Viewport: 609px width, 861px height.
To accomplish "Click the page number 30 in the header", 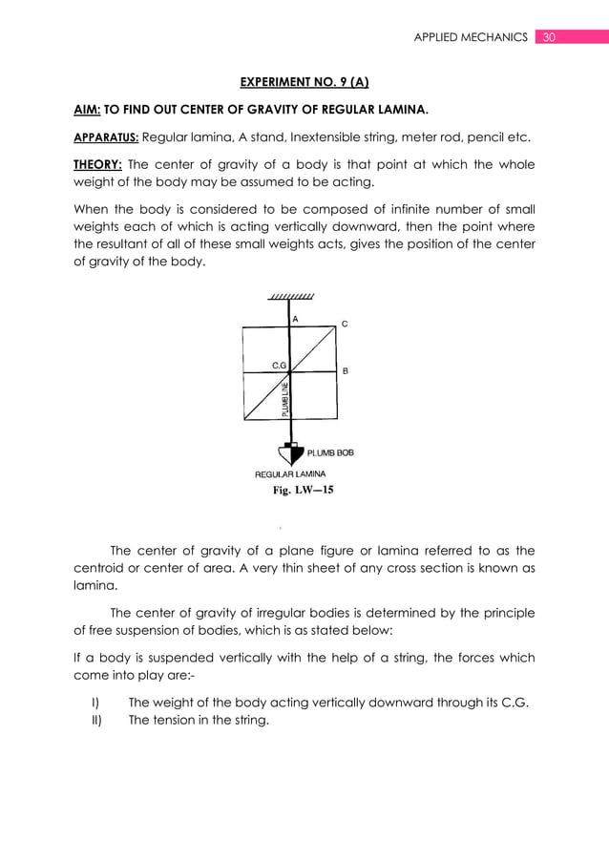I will [548, 37].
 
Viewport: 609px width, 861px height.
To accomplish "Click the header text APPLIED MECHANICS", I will [470, 37].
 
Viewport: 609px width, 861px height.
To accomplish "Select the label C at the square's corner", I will [345, 325].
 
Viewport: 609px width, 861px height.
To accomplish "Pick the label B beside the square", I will [345, 370].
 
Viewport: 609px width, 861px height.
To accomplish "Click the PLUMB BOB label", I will [329, 452].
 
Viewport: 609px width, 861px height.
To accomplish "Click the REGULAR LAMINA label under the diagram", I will [290, 474].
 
